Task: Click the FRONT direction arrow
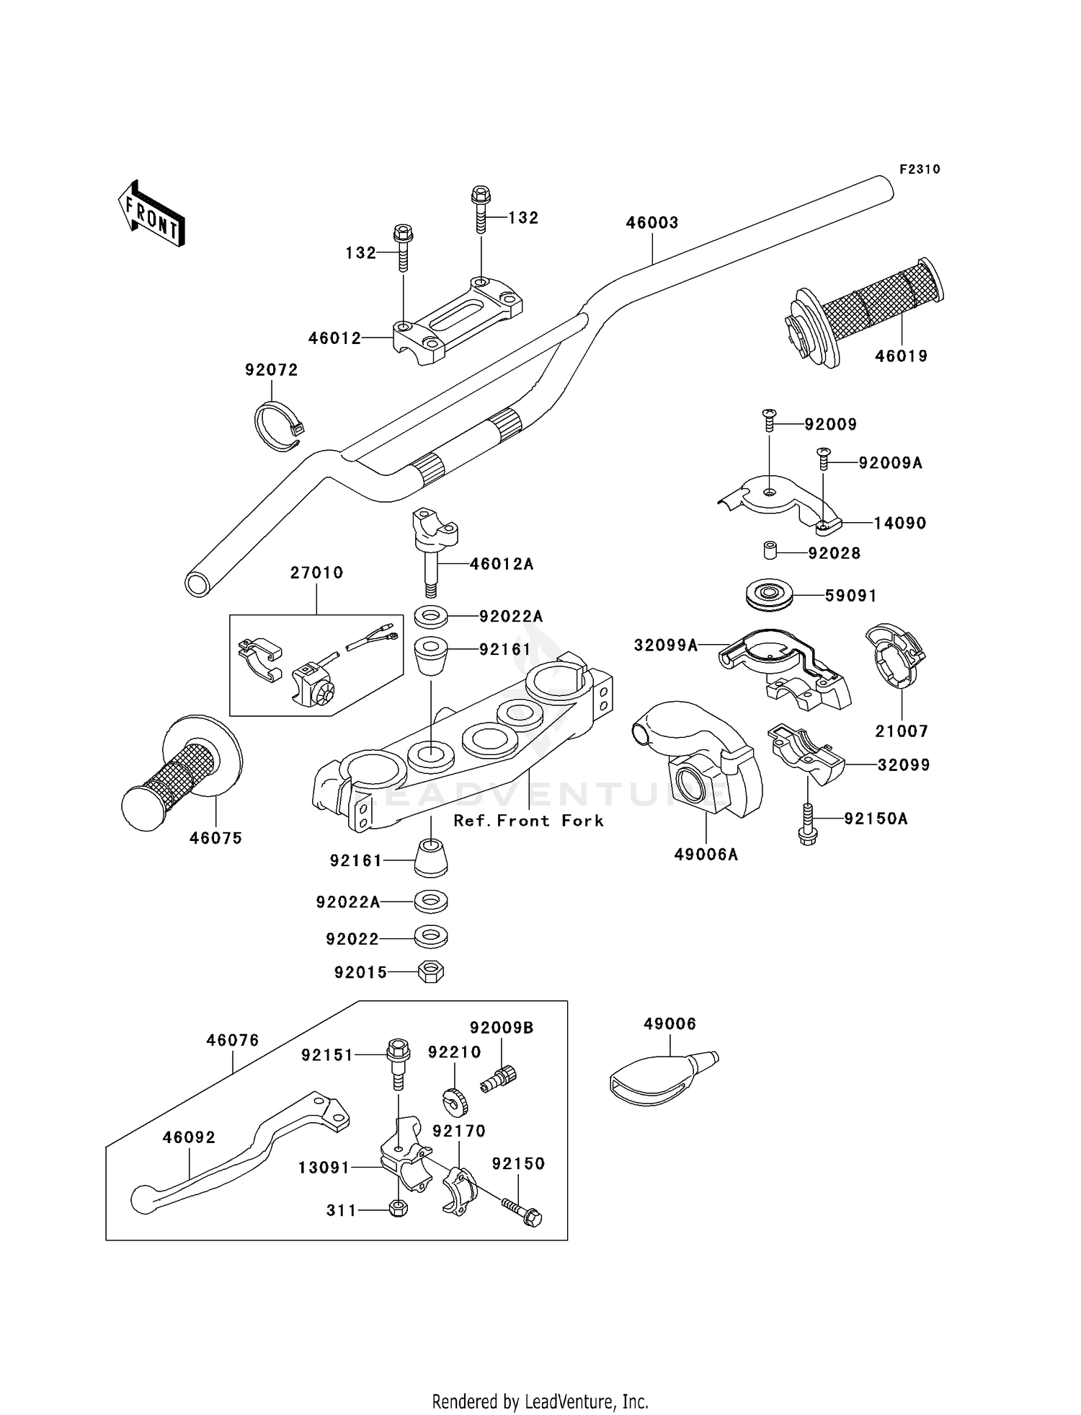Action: click(x=151, y=214)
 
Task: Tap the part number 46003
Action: click(x=651, y=223)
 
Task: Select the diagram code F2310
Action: click(x=920, y=169)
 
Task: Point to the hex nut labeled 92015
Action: click(x=431, y=972)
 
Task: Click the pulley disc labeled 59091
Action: click(x=769, y=595)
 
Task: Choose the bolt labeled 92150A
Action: click(x=808, y=824)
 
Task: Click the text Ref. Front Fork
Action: click(x=528, y=821)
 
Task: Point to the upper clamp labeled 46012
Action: click(x=458, y=322)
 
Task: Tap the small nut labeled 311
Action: click(x=397, y=1209)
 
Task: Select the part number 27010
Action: click(x=316, y=573)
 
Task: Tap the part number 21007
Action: click(x=901, y=731)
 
